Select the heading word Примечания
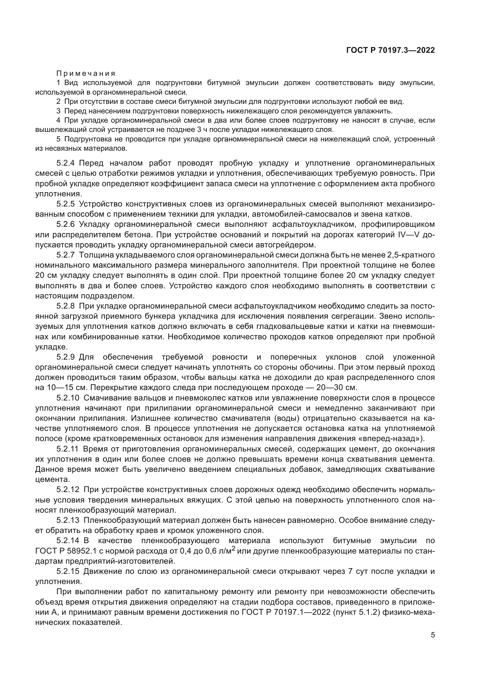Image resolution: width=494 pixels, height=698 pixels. tap(86, 73)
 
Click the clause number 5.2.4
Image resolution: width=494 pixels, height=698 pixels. tap(65, 163)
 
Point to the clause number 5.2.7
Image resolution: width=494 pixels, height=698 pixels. tap(65, 255)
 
